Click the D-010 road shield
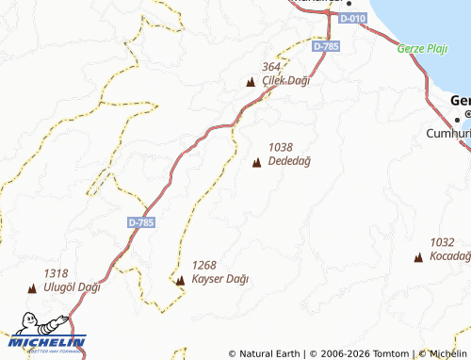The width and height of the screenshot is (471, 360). tap(352, 18)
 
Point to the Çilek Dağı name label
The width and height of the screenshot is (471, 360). tap(285, 80)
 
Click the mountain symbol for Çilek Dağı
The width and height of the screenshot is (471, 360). tap(251, 82)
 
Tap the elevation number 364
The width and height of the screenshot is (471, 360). tap(272, 67)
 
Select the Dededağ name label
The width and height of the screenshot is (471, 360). tap(289, 161)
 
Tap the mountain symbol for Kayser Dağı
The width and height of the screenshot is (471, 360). tap(180, 280)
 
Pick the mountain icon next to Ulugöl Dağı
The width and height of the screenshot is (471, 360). tap(31, 289)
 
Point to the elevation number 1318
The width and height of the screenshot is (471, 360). tap(56, 273)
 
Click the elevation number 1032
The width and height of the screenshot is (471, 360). tap(442, 242)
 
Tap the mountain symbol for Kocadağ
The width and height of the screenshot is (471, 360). tap(418, 256)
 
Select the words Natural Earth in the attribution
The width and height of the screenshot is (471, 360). tap(270, 354)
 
